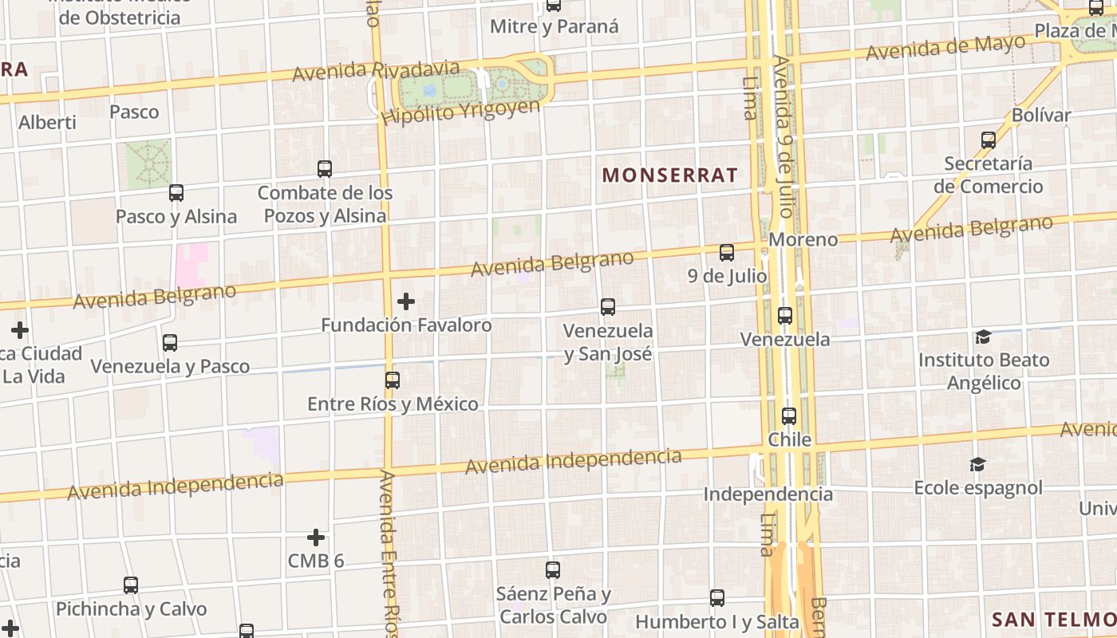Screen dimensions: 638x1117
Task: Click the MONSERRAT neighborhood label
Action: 670,175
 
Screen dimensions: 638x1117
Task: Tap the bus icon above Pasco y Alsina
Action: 176,193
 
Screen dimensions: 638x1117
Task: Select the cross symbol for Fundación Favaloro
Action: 406,301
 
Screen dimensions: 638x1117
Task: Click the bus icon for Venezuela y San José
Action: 608,307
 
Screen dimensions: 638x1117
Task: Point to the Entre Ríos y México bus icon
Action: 393,380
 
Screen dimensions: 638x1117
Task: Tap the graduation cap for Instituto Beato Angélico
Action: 983,337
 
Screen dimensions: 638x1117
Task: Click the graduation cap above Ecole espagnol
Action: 977,464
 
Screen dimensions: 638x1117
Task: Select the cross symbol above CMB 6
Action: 316,538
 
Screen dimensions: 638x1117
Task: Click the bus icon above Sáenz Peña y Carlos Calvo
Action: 553,570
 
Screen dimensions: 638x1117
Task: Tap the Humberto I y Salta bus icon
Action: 717,598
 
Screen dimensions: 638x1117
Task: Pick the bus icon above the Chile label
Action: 789,416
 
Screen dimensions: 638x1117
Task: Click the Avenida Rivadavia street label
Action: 376,72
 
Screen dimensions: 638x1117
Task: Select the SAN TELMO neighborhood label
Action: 1053,619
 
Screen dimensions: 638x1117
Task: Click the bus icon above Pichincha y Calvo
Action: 131,585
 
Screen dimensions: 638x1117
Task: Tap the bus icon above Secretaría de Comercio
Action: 989,140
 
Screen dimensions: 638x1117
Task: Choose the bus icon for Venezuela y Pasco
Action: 170,343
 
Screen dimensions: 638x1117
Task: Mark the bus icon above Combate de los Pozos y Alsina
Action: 325,169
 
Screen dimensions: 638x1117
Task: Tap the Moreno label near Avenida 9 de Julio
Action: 803,239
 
